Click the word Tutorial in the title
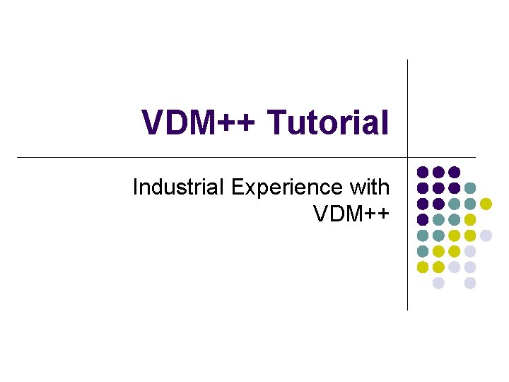(x=328, y=122)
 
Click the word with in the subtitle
(x=368, y=187)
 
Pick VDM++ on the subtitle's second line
(x=351, y=212)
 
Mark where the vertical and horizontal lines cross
(x=408, y=156)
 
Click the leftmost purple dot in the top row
(x=423, y=172)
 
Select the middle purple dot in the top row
(x=438, y=172)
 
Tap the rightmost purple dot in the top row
(x=455, y=172)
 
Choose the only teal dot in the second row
(x=470, y=188)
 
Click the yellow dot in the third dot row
(x=486, y=204)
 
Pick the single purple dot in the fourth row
(x=423, y=219)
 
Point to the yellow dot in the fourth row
(x=470, y=219)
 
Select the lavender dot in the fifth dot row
(x=486, y=236)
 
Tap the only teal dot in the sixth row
(x=423, y=251)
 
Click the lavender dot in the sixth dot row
(x=470, y=251)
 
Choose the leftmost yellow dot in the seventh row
(x=423, y=267)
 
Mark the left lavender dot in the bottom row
(x=438, y=283)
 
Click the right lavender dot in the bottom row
(x=470, y=283)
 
